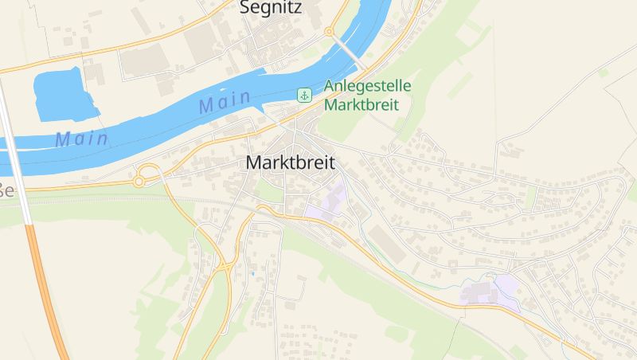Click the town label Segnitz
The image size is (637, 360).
pos(271,9)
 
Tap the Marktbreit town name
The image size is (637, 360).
pos(291,162)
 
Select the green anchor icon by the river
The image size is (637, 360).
pos(303,96)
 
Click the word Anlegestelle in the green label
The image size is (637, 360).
pos(371,86)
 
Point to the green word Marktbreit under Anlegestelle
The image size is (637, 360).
pos(361,104)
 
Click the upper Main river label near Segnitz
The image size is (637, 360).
pos(225,101)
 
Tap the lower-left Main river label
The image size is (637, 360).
pos(81,139)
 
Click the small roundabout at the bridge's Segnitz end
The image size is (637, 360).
pos(328,31)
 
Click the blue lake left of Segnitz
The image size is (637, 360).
pos(62,94)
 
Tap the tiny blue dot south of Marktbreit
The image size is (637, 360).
pos(253,273)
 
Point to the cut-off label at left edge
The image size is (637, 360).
pos(6,190)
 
